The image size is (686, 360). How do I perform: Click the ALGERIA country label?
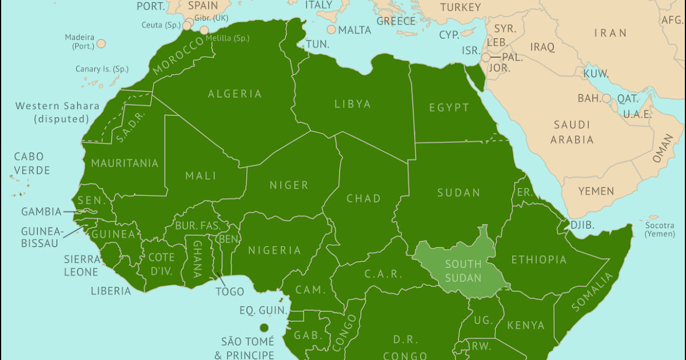click(x=235, y=94)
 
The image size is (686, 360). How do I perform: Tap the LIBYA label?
click(x=353, y=104)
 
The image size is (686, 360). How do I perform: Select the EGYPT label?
click(x=449, y=107)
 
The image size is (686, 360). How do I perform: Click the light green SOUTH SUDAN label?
click(x=463, y=271)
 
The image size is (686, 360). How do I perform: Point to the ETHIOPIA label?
click(x=539, y=259)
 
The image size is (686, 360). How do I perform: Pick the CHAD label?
click(x=364, y=198)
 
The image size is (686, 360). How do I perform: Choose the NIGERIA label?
click(x=274, y=250)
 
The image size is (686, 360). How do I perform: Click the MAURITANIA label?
click(x=125, y=163)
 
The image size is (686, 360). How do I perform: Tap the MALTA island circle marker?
click(x=331, y=30)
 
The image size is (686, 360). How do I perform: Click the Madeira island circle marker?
click(x=101, y=43)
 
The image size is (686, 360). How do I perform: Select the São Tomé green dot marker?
click(x=264, y=327)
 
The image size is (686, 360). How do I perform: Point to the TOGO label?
click(x=230, y=292)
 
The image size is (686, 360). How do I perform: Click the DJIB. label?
click(x=582, y=225)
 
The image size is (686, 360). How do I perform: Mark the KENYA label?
click(x=526, y=325)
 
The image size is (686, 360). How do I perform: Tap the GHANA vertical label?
click(x=197, y=258)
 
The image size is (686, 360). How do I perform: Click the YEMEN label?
click(x=596, y=191)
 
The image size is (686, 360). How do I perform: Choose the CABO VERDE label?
click(x=32, y=163)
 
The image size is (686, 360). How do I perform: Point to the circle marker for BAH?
click(x=606, y=98)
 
